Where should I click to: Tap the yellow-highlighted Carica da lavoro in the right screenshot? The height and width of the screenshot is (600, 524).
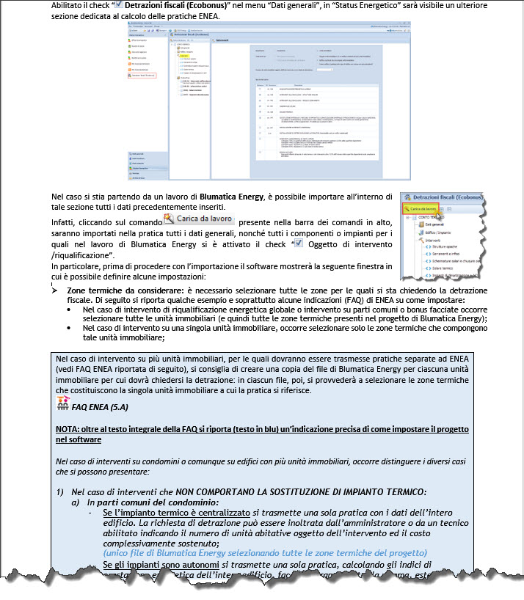(423, 210)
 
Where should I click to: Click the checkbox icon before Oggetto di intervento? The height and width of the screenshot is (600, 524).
(298, 244)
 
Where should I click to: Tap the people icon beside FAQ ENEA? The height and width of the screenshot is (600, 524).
(65, 403)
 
